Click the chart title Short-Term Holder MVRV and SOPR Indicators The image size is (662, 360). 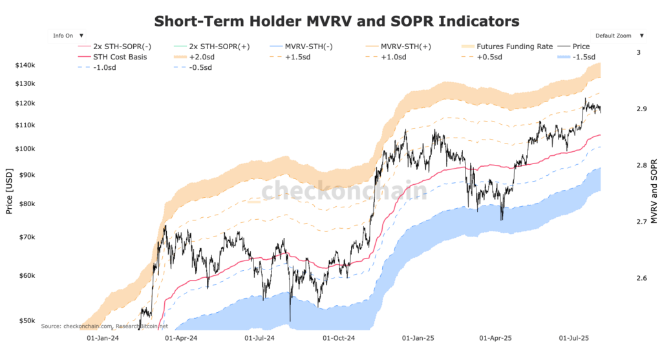coord(337,21)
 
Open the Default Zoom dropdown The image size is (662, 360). coord(618,36)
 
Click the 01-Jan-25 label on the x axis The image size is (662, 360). coord(417,337)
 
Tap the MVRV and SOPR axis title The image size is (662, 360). coord(654,192)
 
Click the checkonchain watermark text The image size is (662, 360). coord(343,191)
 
